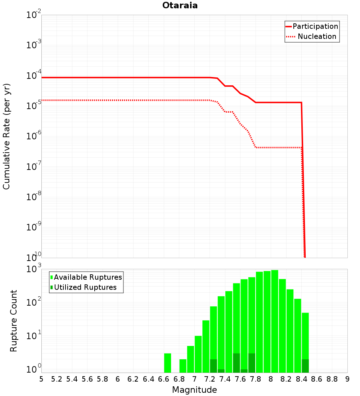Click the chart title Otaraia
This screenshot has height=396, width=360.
(180, 5)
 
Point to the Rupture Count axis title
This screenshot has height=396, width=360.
(14, 321)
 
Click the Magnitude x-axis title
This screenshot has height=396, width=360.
(194, 390)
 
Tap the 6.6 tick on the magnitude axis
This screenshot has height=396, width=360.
(164, 379)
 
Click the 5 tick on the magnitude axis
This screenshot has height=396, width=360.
(41, 379)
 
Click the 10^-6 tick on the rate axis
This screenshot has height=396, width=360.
(34, 136)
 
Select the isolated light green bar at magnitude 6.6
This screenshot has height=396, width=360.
(167, 363)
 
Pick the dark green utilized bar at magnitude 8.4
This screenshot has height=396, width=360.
(305, 366)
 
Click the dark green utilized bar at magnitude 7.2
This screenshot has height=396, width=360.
(213, 366)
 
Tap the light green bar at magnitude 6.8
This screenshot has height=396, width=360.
(183, 366)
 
